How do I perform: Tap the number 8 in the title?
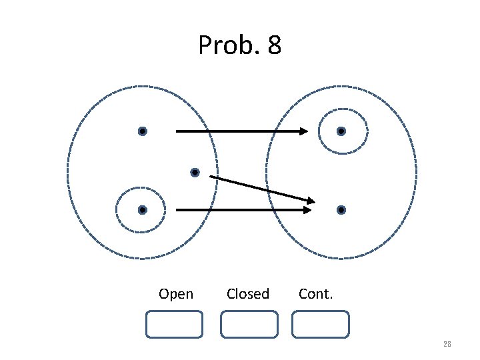(x=273, y=46)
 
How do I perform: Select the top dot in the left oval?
(x=142, y=131)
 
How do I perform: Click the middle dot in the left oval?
(x=195, y=173)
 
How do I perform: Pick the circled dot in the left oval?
(x=142, y=210)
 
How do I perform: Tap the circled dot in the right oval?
(x=341, y=131)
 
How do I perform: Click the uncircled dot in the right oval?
(x=341, y=210)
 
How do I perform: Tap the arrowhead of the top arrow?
(x=303, y=131)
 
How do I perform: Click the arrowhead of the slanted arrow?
(x=309, y=199)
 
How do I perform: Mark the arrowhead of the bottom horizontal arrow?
(x=306, y=210)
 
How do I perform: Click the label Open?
(x=176, y=294)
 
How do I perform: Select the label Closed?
(x=248, y=294)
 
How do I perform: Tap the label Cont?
(x=315, y=294)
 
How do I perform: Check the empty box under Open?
(x=174, y=324)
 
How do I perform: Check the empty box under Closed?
(x=249, y=324)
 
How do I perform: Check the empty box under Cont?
(x=320, y=324)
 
